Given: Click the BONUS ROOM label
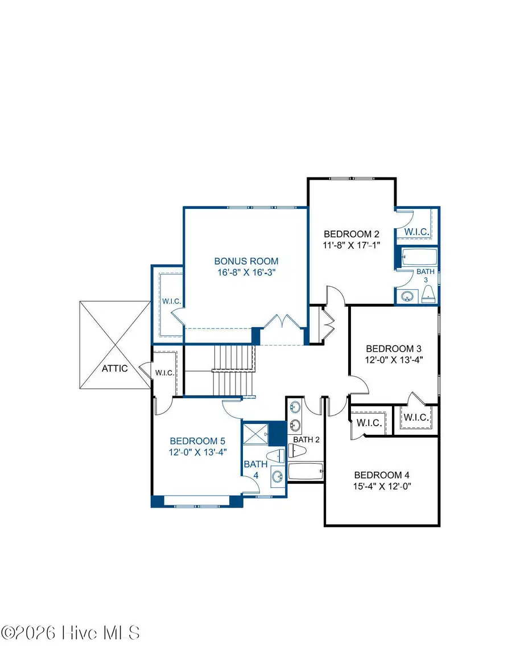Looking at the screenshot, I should (x=246, y=261).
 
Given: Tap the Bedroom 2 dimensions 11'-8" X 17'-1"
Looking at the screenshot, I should (x=351, y=244).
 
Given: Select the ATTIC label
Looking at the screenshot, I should (x=114, y=368).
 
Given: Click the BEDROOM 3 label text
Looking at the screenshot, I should (x=394, y=348).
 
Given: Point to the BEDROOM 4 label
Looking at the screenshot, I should (x=382, y=475).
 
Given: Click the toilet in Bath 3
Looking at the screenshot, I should (x=429, y=294).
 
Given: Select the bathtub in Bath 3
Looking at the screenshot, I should (x=419, y=257).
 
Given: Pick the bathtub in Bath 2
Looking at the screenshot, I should (x=305, y=471).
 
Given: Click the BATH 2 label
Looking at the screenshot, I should (x=307, y=440).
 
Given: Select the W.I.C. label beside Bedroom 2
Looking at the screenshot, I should (x=416, y=232).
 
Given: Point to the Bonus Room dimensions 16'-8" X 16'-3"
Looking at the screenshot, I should (x=246, y=273).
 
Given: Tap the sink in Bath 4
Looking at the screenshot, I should (x=277, y=476).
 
